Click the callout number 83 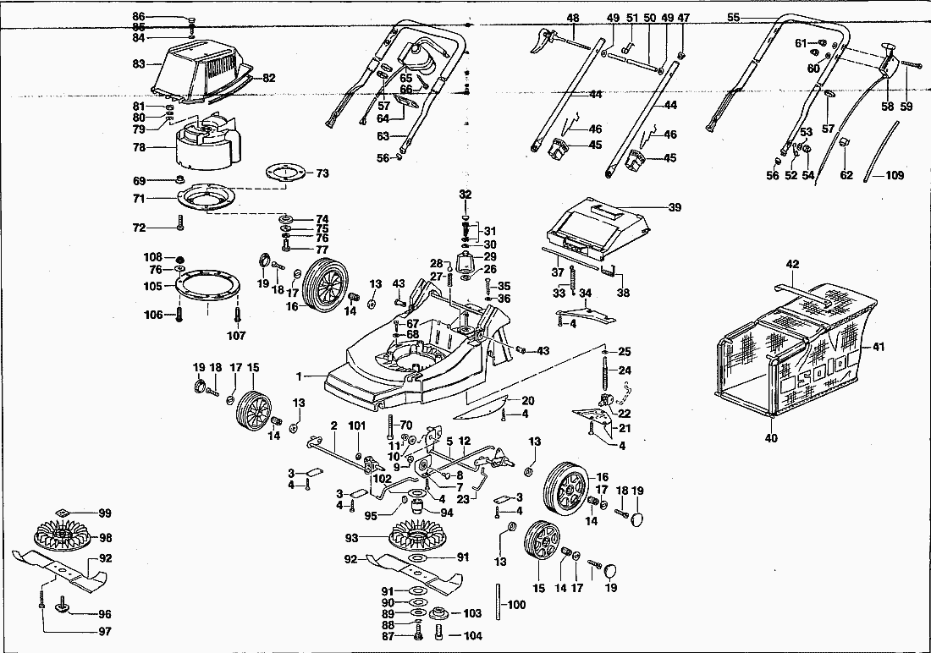pos(140,63)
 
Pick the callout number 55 pos(733,17)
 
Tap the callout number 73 pos(322,173)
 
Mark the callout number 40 pos(771,438)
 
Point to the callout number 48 pos(573,18)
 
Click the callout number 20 pos(527,401)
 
